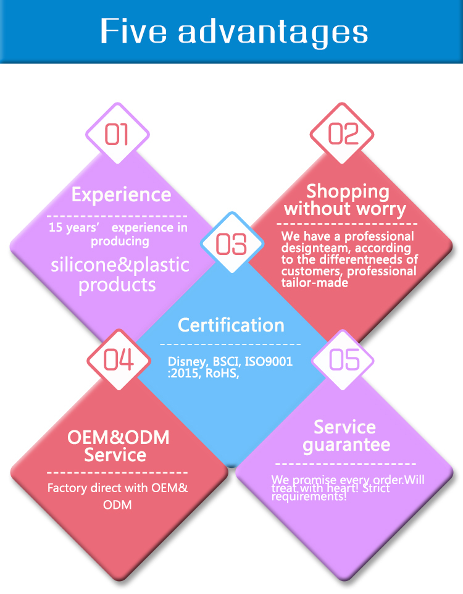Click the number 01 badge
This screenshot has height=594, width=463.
[117, 134]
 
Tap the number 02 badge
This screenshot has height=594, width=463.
[342, 134]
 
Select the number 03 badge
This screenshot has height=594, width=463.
[232, 243]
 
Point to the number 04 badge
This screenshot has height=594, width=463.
[119, 359]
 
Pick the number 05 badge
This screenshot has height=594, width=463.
[343, 359]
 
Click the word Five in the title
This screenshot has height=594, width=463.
[133, 31]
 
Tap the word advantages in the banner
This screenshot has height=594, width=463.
[273, 33]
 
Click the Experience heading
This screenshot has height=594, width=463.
[121, 195]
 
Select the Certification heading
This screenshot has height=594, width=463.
[231, 325]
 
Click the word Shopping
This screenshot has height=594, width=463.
[348, 191]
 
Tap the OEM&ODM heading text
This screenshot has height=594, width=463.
[118, 438]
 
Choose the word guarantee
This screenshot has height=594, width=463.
[346, 445]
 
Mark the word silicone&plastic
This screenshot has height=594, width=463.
[120, 265]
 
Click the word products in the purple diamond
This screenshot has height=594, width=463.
[117, 285]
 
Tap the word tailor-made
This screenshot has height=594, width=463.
[314, 283]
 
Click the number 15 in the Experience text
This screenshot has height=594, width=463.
[56, 227]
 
